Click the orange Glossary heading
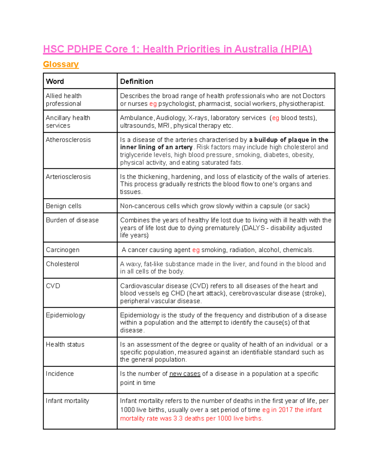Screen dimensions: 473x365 [61, 64]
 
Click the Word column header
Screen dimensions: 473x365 [55, 81]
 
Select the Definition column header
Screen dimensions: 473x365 [137, 81]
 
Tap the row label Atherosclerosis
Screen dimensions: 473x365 [68, 140]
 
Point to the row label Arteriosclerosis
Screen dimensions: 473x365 [68, 177]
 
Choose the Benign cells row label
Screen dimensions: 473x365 [64, 206]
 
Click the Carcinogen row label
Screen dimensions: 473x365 [63, 250]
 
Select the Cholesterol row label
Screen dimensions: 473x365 [62, 264]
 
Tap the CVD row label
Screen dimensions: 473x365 [53, 286]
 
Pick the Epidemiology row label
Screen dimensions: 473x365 [65, 315]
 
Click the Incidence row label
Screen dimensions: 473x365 [60, 374]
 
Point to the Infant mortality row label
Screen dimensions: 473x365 [67, 401]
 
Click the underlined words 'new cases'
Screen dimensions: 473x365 [185, 374]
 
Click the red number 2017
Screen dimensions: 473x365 [286, 410]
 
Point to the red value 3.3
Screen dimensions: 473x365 [178, 418]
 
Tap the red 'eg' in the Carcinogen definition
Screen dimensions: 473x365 [196, 250]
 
